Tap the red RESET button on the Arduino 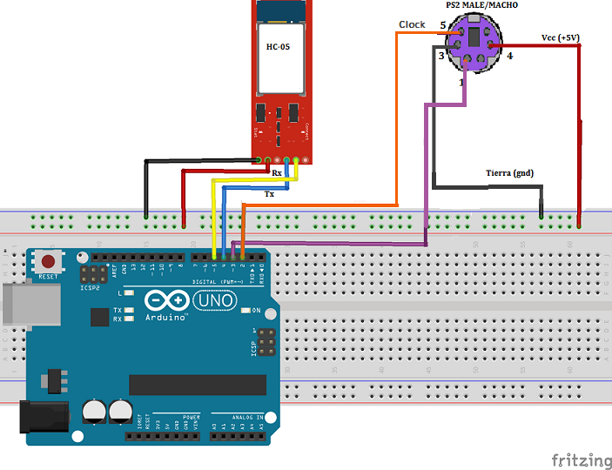(x=49, y=261)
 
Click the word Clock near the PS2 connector (x=412, y=24)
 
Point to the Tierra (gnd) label (x=509, y=172)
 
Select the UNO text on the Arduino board (x=214, y=300)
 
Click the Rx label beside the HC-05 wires (x=277, y=173)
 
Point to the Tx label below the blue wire (x=270, y=195)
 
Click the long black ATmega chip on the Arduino (x=198, y=384)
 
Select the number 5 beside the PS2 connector (x=442, y=25)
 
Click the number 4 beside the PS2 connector (x=510, y=56)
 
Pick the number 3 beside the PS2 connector (x=441, y=56)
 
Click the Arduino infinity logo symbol (x=169, y=300)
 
